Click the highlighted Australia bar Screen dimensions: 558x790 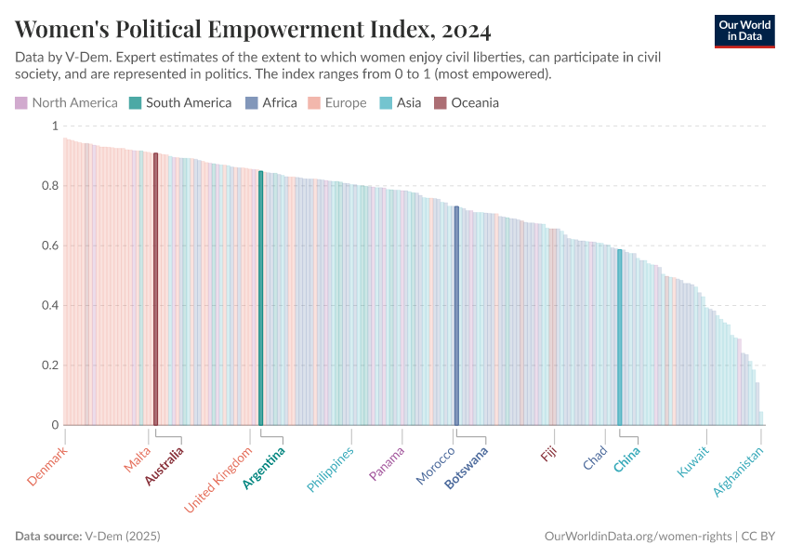click(156, 288)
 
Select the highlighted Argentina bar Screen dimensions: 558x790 click(261, 298)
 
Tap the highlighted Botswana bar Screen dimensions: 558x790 click(456, 316)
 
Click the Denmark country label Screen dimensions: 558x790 click(47, 466)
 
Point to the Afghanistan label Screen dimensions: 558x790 click(739, 472)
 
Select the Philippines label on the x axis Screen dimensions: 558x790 click(331, 470)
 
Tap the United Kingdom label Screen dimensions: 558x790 click(219, 480)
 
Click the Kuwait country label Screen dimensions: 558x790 click(693, 462)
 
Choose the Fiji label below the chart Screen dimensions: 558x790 click(550, 454)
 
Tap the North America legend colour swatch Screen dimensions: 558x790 click(21, 102)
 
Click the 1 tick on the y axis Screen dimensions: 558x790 click(54, 126)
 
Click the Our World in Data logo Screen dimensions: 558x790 click(745, 30)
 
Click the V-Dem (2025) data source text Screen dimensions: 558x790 click(123, 537)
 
